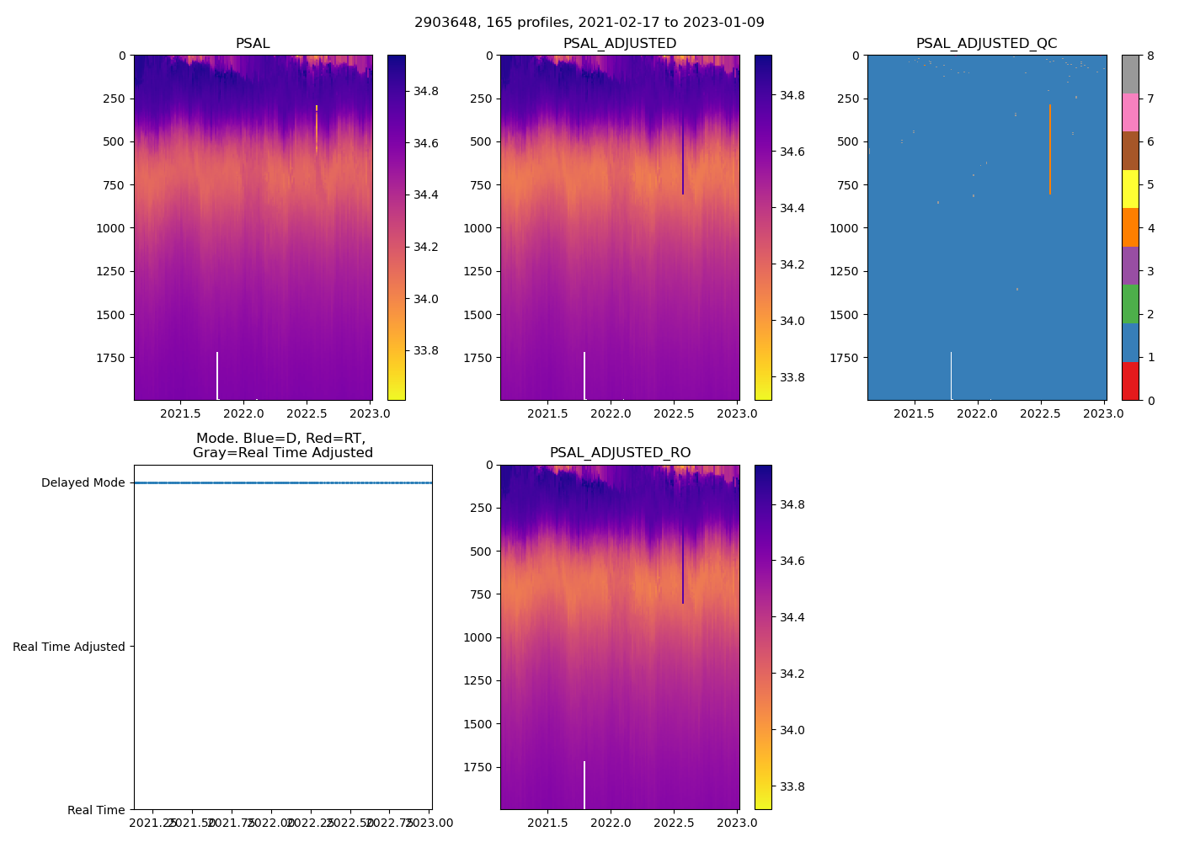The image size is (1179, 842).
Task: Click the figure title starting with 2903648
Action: pos(589,23)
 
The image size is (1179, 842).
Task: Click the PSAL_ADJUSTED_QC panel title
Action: pos(986,44)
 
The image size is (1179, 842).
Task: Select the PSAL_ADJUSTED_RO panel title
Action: pos(620,453)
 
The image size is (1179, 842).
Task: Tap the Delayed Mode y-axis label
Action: pos(83,483)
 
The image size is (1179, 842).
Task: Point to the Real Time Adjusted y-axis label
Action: pos(69,647)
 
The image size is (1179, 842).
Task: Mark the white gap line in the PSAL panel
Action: pos(217,376)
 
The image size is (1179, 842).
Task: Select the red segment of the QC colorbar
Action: pos(1130,381)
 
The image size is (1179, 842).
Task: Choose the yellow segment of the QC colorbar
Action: pos(1130,189)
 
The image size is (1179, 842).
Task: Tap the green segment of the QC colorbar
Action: pos(1130,304)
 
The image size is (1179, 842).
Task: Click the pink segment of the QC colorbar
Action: pos(1130,112)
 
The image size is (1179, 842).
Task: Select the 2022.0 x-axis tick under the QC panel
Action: pos(978,413)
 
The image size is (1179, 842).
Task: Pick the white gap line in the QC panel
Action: pos(952,376)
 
